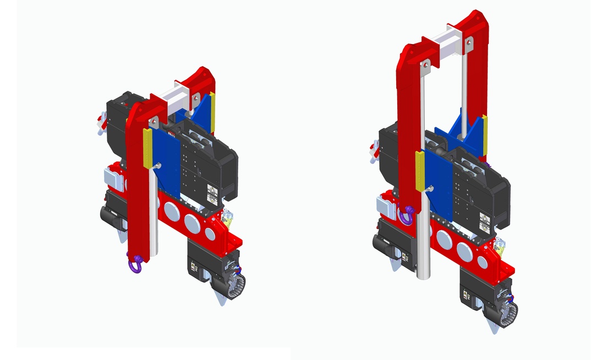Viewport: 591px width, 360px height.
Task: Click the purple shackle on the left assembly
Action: click(134, 264)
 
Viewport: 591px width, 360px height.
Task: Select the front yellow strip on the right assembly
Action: click(420, 171)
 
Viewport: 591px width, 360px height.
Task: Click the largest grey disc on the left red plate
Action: click(192, 223)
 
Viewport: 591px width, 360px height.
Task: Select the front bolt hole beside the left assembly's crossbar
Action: click(155, 120)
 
